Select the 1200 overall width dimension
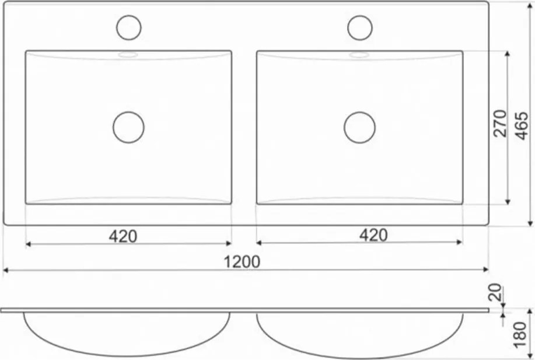(x=242, y=262)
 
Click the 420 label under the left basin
(x=123, y=236)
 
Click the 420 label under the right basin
(x=373, y=235)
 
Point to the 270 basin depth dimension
(x=500, y=123)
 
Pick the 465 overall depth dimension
(x=522, y=125)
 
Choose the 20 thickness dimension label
(x=496, y=292)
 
